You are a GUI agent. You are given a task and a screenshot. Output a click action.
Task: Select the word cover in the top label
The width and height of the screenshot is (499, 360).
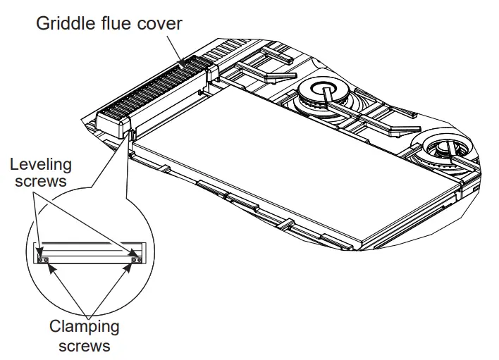coord(160,23)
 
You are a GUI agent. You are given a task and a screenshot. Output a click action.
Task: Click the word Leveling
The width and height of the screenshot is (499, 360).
coord(41,165)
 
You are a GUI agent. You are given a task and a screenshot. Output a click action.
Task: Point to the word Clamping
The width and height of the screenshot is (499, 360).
coord(84,327)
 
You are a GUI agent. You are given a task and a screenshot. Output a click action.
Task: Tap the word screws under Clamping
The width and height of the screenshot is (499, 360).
coord(84,345)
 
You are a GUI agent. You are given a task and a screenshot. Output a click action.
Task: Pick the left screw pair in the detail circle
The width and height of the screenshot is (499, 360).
coord(43,259)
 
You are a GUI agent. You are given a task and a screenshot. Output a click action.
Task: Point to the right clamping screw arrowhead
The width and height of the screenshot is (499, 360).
coord(130,268)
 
